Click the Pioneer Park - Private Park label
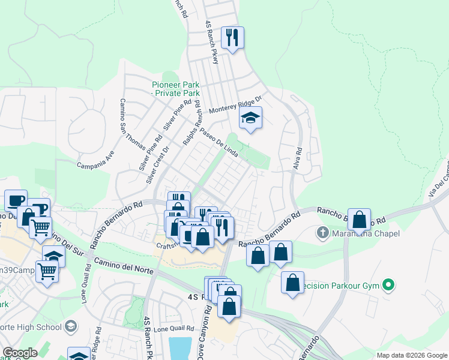click(x=175, y=89)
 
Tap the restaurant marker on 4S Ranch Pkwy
click(x=231, y=38)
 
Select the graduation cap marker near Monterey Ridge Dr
click(x=250, y=118)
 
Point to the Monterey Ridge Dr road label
click(x=236, y=106)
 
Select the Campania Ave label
click(x=95, y=163)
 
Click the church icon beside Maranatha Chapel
click(x=322, y=232)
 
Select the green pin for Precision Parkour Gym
click(x=388, y=285)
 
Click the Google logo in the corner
click(x=20, y=353)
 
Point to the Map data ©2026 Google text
click(x=411, y=355)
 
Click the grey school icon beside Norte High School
click(x=71, y=327)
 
